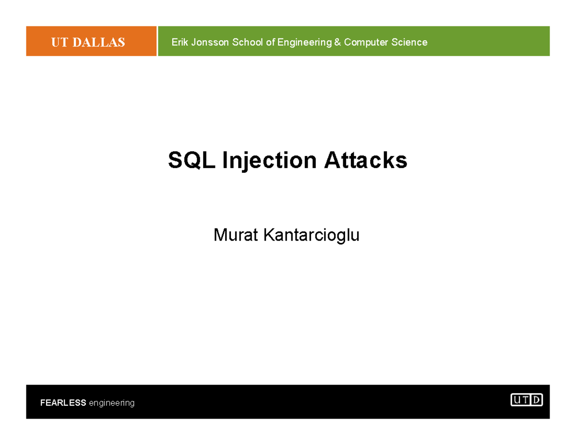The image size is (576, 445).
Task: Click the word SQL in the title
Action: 192,161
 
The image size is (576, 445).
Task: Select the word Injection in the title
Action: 269,161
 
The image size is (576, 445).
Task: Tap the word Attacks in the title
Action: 365,161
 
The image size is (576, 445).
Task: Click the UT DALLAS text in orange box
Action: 88,42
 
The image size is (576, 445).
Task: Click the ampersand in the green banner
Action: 338,42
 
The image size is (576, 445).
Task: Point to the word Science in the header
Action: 409,42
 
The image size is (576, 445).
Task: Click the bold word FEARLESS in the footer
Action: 63,403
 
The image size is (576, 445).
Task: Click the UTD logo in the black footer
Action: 527,399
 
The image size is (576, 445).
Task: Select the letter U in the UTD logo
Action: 516,399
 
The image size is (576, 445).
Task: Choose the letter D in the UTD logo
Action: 537,399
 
